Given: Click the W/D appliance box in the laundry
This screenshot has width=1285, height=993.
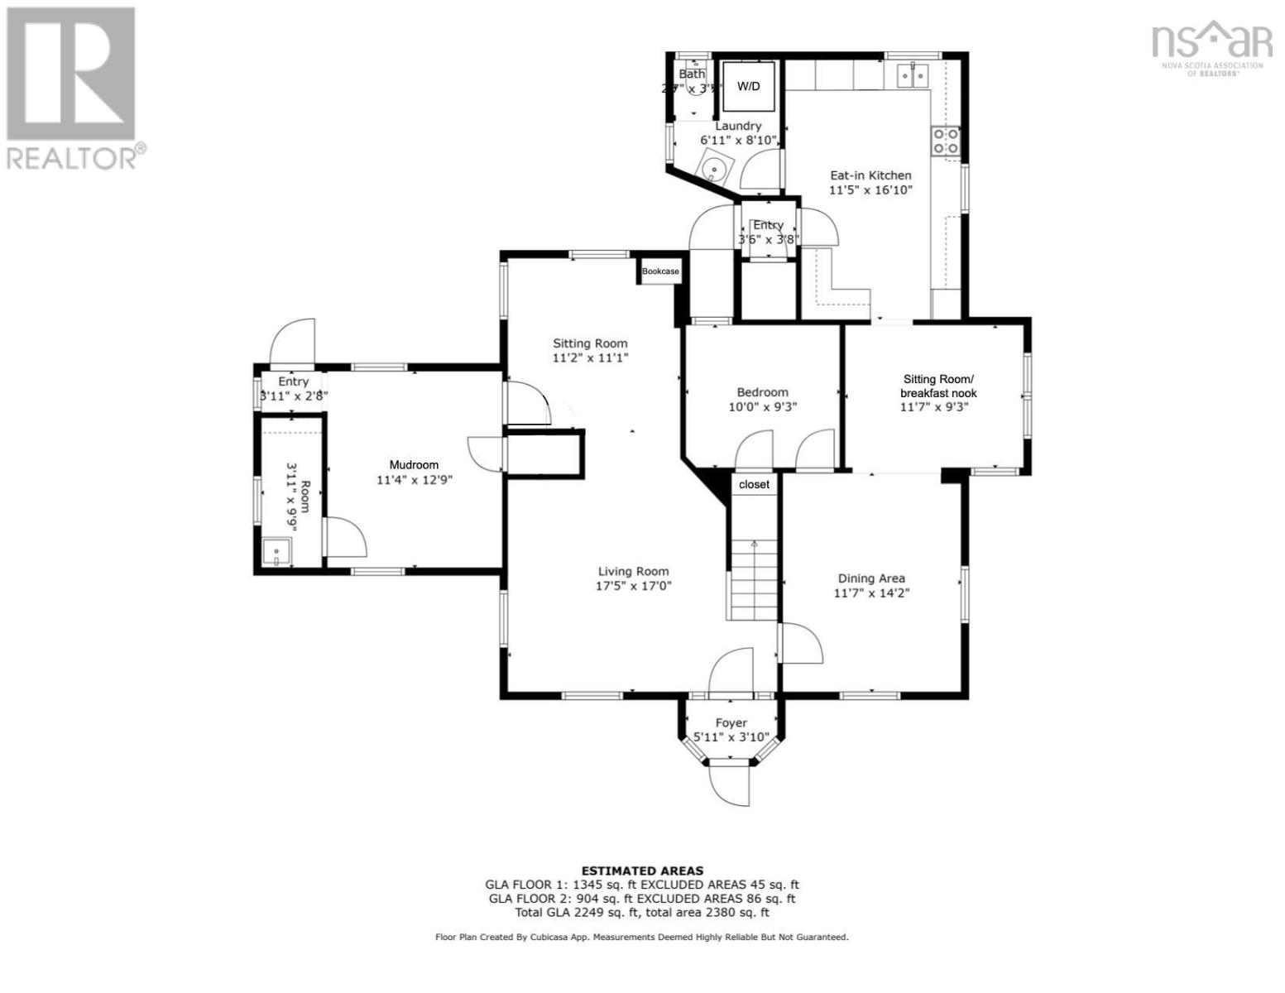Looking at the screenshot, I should [x=749, y=86].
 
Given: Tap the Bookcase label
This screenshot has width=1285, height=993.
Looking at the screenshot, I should [x=660, y=271].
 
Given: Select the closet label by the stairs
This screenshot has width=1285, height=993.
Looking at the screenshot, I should [x=754, y=485].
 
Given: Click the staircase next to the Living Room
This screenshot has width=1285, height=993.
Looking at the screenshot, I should [x=754, y=579].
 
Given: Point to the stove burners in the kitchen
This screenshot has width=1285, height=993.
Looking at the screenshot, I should [x=946, y=141].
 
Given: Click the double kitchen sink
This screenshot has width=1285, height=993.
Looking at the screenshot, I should [x=913, y=75].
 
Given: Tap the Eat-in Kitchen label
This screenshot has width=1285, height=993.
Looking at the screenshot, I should [x=870, y=175].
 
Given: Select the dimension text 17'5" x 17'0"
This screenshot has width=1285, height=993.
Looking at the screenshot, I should [x=633, y=586].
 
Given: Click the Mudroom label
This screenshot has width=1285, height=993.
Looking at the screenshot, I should [x=414, y=465].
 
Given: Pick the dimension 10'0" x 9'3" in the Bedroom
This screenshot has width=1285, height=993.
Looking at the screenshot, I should [x=762, y=407].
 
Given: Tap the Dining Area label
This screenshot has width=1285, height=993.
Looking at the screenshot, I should [x=870, y=578].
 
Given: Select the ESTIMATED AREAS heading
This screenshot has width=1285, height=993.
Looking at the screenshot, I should [x=642, y=871].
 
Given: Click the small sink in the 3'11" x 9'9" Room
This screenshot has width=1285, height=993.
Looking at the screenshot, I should [x=275, y=551].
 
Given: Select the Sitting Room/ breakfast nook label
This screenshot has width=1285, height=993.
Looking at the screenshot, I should [x=938, y=386].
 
